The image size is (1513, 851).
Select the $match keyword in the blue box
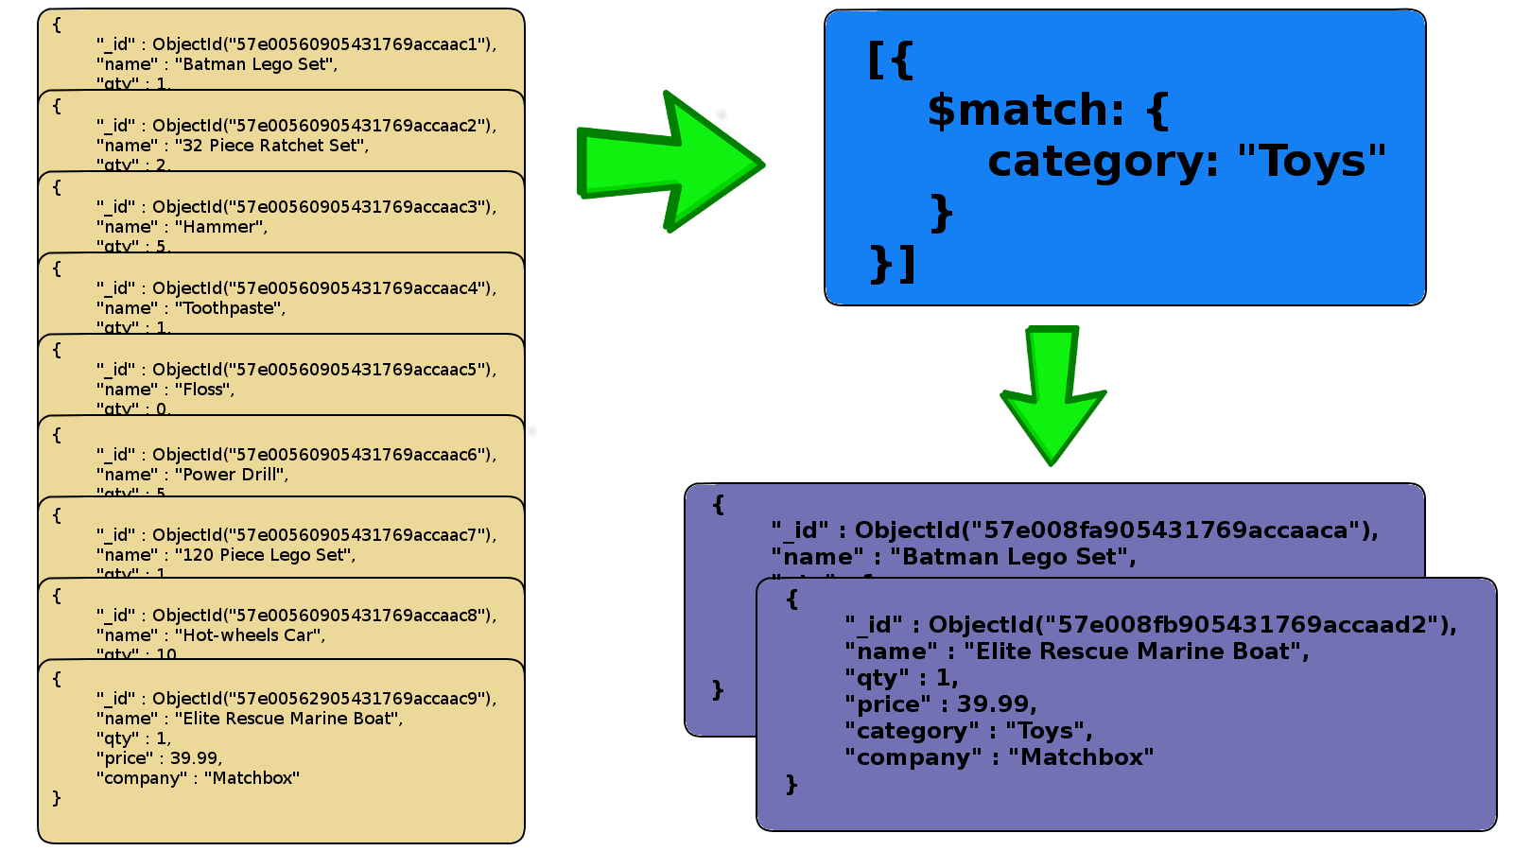pyautogui.click(x=1025, y=111)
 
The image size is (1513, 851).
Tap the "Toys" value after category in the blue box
pyautogui.click(x=1311, y=162)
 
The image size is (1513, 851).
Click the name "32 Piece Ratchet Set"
pyautogui.click(x=270, y=146)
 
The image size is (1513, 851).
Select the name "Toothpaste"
pyautogui.click(x=230, y=308)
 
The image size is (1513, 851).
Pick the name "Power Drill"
pyautogui.click(x=231, y=475)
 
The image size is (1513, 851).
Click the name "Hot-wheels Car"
pyautogui.click(x=250, y=635)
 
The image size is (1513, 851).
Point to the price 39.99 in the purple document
pyautogui.click(x=996, y=704)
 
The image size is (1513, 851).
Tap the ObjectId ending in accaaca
pyautogui.click(x=1116, y=530)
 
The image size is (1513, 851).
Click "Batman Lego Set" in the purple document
pyautogui.click(x=1012, y=557)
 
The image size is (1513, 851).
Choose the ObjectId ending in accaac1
pyautogui.click(x=323, y=44)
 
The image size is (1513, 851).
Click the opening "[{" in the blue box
pyautogui.click(x=890, y=59)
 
